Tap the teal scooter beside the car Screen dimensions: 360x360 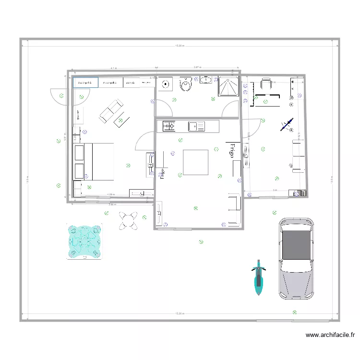[259, 277]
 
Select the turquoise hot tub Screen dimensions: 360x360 [85, 241]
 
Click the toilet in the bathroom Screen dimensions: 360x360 [186, 84]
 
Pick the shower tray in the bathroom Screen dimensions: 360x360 [229, 87]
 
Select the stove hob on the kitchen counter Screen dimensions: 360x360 [169, 127]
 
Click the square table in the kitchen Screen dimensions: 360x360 [196, 163]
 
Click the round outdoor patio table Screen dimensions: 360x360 [128, 220]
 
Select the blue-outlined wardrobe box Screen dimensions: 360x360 [85, 83]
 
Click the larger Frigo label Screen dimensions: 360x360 [232, 150]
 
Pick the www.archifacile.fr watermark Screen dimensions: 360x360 [330, 336]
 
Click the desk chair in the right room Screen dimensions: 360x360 [265, 84]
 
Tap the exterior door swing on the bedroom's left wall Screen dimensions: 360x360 [59, 95]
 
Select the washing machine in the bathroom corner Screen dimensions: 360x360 [166, 84]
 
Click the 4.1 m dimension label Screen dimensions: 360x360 [113, 68]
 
